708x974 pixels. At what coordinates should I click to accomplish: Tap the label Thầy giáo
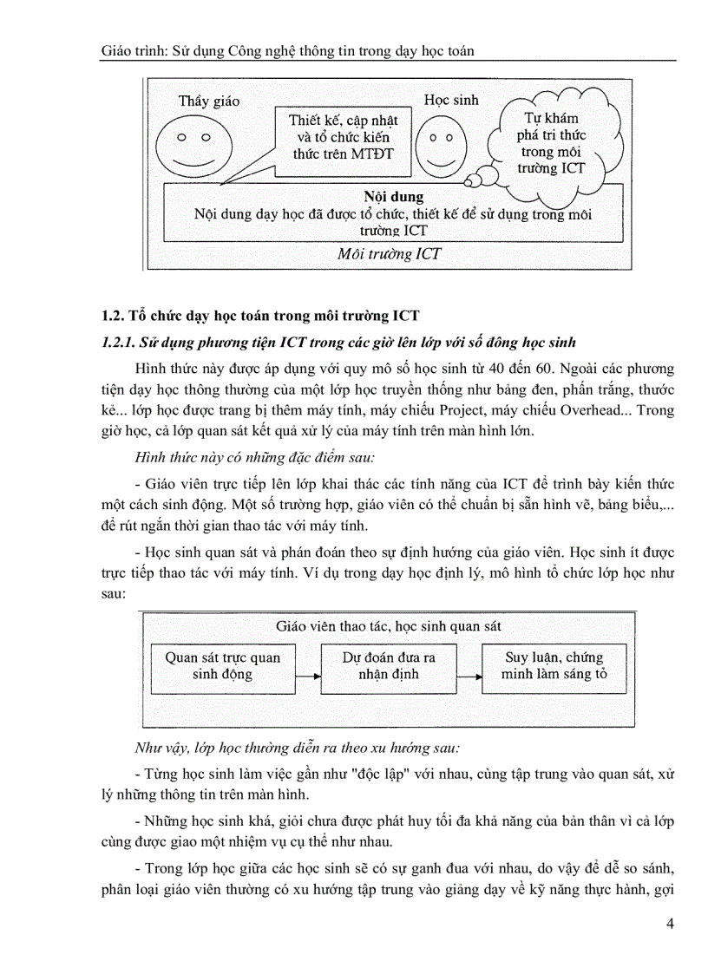tap(209, 101)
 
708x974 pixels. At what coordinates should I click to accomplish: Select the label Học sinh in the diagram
tap(450, 101)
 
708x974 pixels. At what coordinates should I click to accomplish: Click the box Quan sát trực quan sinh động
tap(223, 666)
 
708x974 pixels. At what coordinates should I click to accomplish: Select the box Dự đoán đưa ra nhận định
tap(388, 666)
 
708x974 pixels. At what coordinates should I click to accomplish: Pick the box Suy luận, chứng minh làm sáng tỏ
tap(554, 666)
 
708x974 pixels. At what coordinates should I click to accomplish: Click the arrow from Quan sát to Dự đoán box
tap(305, 674)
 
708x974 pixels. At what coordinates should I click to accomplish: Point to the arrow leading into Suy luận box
tap(469, 674)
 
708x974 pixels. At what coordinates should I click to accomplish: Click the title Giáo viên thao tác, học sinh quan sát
tap(388, 625)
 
